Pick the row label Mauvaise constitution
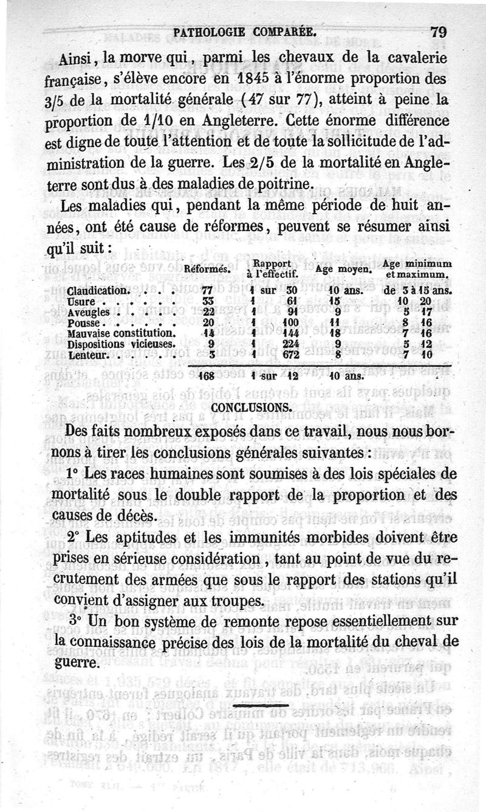[x=122, y=333]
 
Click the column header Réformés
[x=206, y=268]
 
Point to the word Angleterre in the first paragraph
[x=265, y=120]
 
